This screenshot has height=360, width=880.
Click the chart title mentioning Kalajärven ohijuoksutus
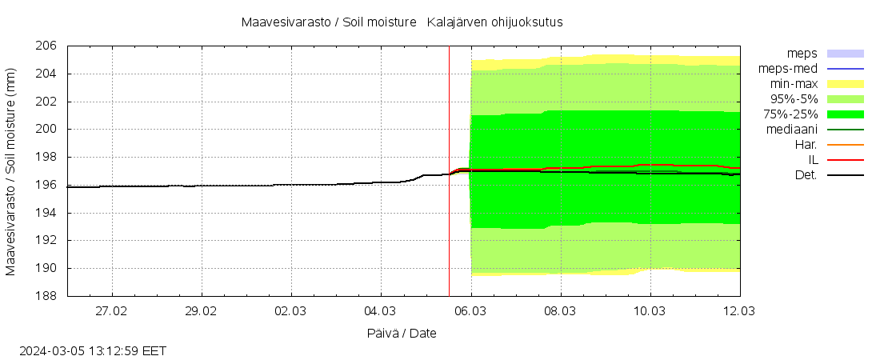click(x=402, y=22)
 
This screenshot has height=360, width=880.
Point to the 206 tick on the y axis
click(x=46, y=46)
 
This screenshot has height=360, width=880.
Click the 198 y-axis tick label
click(x=46, y=158)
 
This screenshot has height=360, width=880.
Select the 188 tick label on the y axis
click(x=46, y=296)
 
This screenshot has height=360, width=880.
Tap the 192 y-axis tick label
click(x=46, y=241)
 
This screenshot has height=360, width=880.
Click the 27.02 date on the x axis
click(x=112, y=310)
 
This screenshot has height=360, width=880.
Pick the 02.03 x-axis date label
click(x=290, y=310)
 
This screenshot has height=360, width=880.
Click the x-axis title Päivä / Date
click(x=402, y=333)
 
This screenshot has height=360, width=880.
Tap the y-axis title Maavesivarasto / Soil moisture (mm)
click(x=11, y=171)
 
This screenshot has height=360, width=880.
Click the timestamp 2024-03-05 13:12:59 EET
click(x=93, y=350)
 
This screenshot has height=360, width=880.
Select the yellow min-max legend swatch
click(x=845, y=84)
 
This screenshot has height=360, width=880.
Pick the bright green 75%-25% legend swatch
click(x=845, y=114)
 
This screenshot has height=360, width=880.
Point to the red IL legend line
click(x=845, y=160)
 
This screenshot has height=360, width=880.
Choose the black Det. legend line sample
click(x=845, y=175)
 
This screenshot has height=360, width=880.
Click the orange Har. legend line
click(x=845, y=145)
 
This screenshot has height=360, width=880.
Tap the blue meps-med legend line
click(x=845, y=69)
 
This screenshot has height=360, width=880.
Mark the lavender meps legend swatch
click(x=845, y=54)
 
